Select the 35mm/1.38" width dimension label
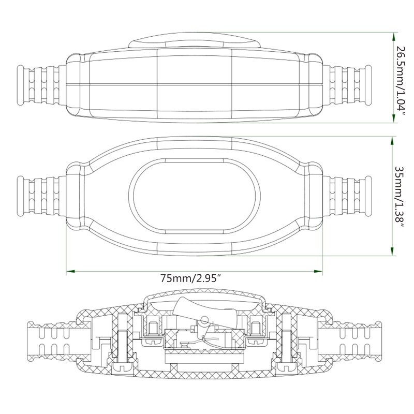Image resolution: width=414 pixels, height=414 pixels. point(399,198)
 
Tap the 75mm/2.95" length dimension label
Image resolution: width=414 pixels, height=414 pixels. point(191,278)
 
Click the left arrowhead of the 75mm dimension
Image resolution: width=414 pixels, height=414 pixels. point(70,271)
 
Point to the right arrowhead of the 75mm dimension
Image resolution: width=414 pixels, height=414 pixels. point(318,271)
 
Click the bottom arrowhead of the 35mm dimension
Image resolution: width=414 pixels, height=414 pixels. point(392,251)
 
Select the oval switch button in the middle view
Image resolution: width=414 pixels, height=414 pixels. point(195,197)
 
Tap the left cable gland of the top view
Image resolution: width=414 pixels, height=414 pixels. point(41,85)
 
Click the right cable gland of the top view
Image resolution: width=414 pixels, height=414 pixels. point(347,85)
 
